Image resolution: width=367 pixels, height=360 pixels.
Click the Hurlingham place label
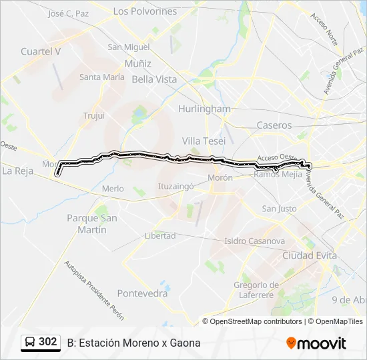coord(204,109)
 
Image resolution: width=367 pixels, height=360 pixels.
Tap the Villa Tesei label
coord(204,141)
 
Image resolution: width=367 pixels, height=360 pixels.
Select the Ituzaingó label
coord(175,187)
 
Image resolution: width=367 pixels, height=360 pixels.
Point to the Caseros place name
coord(274,125)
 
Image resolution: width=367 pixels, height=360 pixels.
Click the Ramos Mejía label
coord(276,175)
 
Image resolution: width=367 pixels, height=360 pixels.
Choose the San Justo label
coord(279,209)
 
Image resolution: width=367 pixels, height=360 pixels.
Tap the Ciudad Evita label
coord(310,255)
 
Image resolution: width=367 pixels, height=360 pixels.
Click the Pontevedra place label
coord(142,293)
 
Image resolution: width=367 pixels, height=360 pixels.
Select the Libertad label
coord(160,235)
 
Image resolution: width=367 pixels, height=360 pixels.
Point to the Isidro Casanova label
coord(255,241)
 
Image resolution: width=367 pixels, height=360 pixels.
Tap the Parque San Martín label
coord(92,224)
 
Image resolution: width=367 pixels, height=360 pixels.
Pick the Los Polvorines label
coord(145,11)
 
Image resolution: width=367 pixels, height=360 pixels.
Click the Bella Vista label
coord(154,79)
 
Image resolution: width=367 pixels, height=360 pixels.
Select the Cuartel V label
coord(41,51)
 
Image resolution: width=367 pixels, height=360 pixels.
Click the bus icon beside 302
coord(31,343)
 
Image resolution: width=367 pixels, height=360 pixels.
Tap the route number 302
coord(47,342)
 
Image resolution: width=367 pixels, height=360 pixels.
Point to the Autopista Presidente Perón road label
coord(93,290)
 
